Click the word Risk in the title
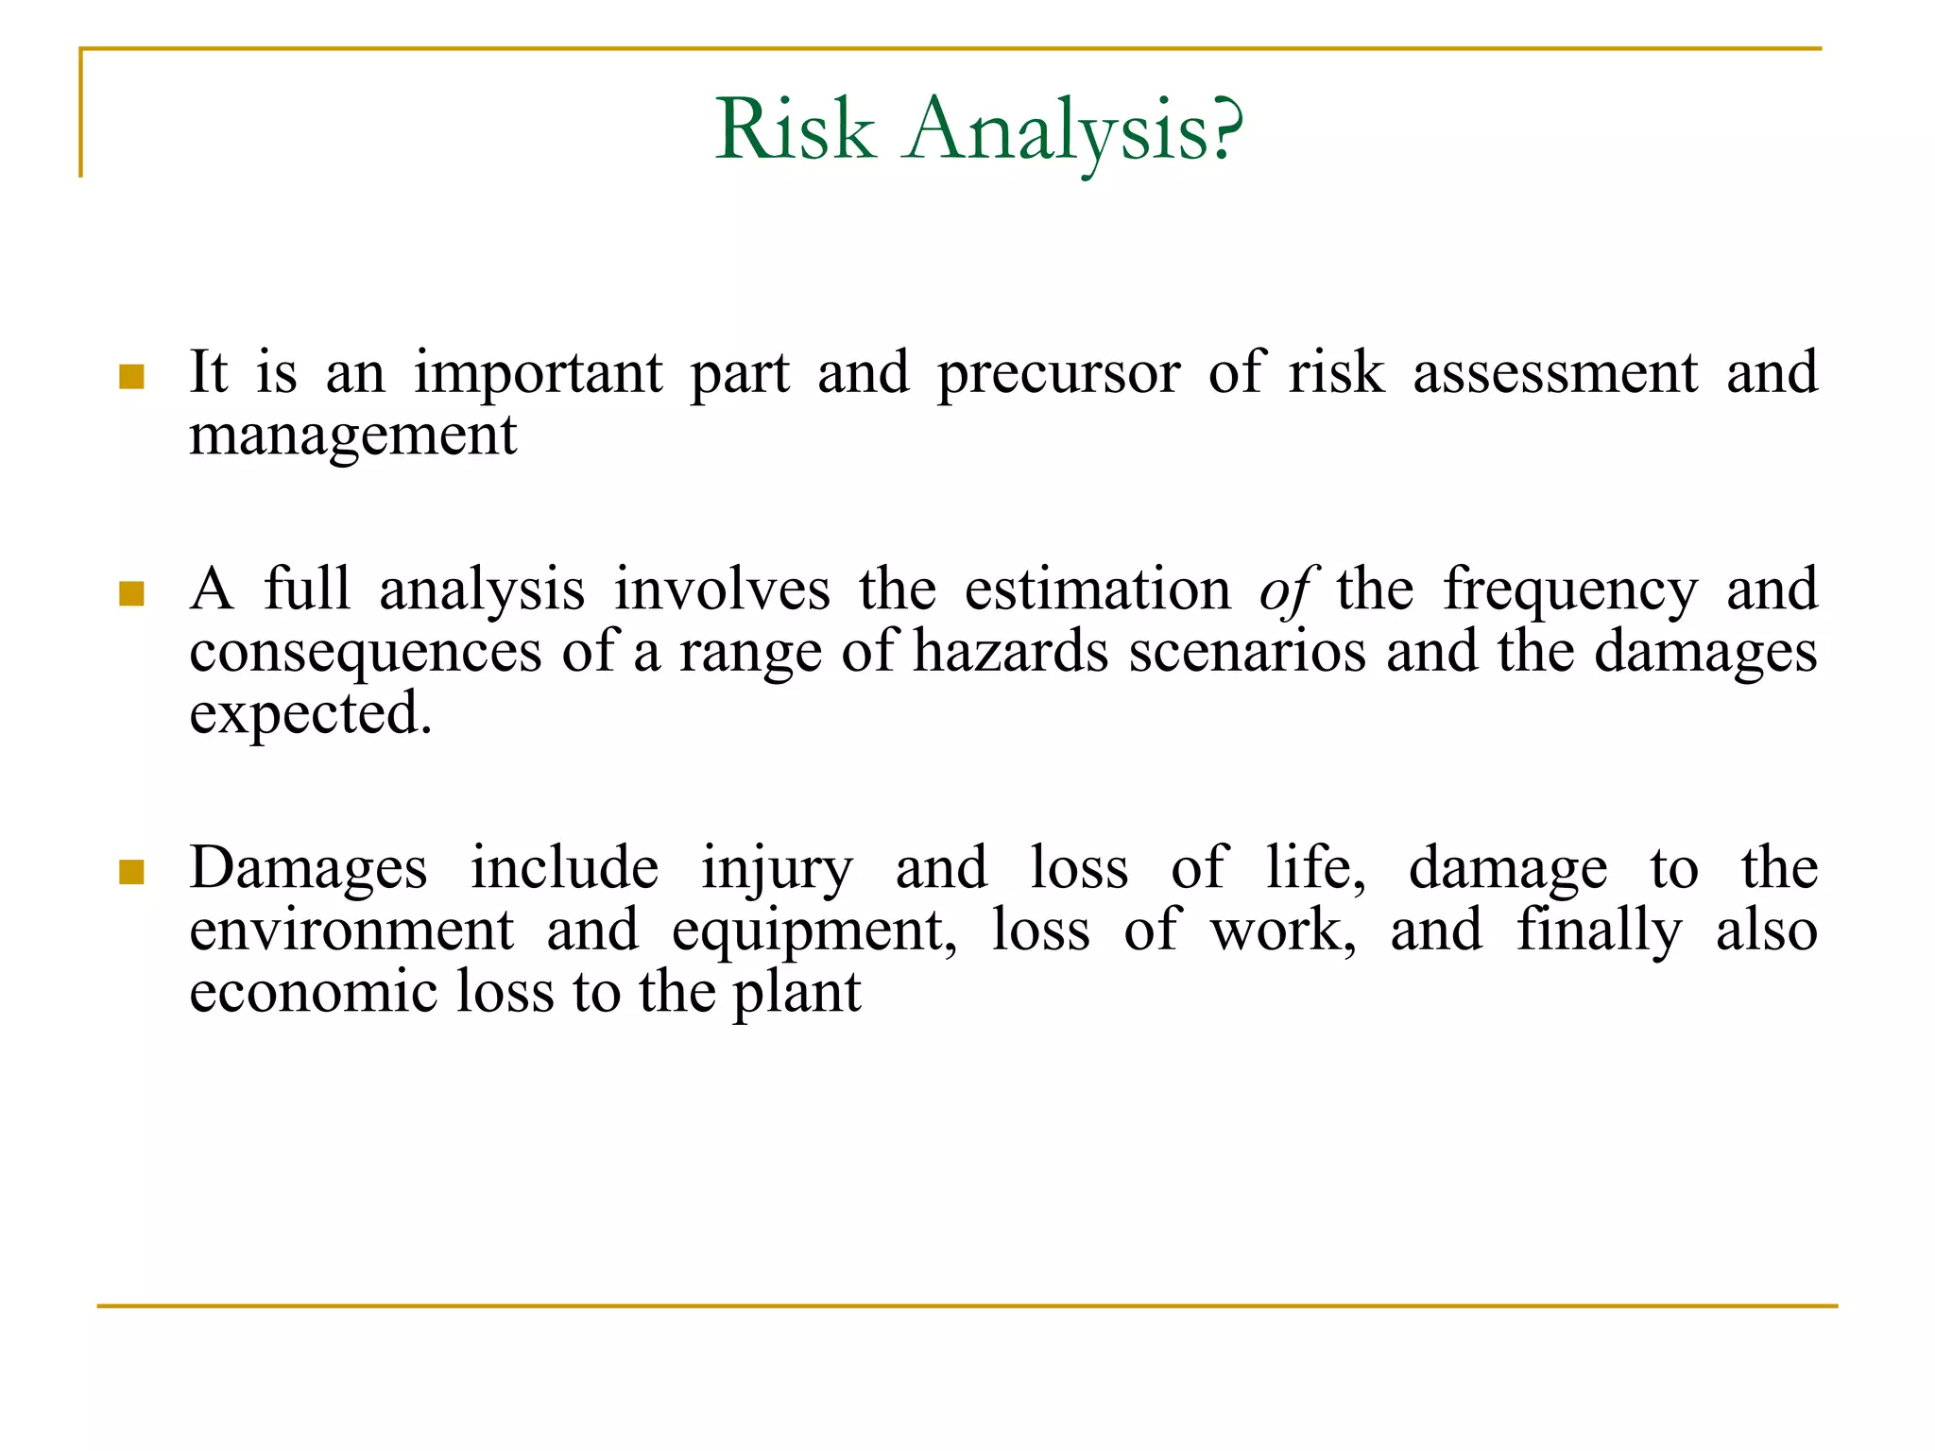(795, 129)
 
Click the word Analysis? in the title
(1073, 131)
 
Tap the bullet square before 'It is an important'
(131, 378)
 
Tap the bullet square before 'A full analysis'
(131, 594)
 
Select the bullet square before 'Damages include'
(131, 872)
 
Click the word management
(352, 436)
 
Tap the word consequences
(365, 653)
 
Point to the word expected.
(310, 715)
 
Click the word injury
(777, 870)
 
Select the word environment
(351, 930)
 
